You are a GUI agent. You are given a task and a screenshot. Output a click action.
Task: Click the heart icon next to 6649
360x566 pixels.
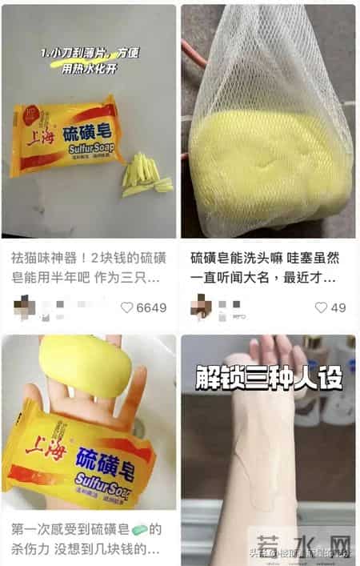pos(126,307)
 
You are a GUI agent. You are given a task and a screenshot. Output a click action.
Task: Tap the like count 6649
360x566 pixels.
pos(151,307)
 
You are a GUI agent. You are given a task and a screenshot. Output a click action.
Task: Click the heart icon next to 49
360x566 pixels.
pos(321,307)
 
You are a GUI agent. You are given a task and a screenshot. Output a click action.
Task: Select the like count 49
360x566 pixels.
pos(338,307)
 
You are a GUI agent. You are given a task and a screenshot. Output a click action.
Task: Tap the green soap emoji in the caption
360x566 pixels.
pos(138,529)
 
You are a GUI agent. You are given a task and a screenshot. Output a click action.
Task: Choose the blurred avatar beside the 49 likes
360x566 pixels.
pos(201,307)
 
